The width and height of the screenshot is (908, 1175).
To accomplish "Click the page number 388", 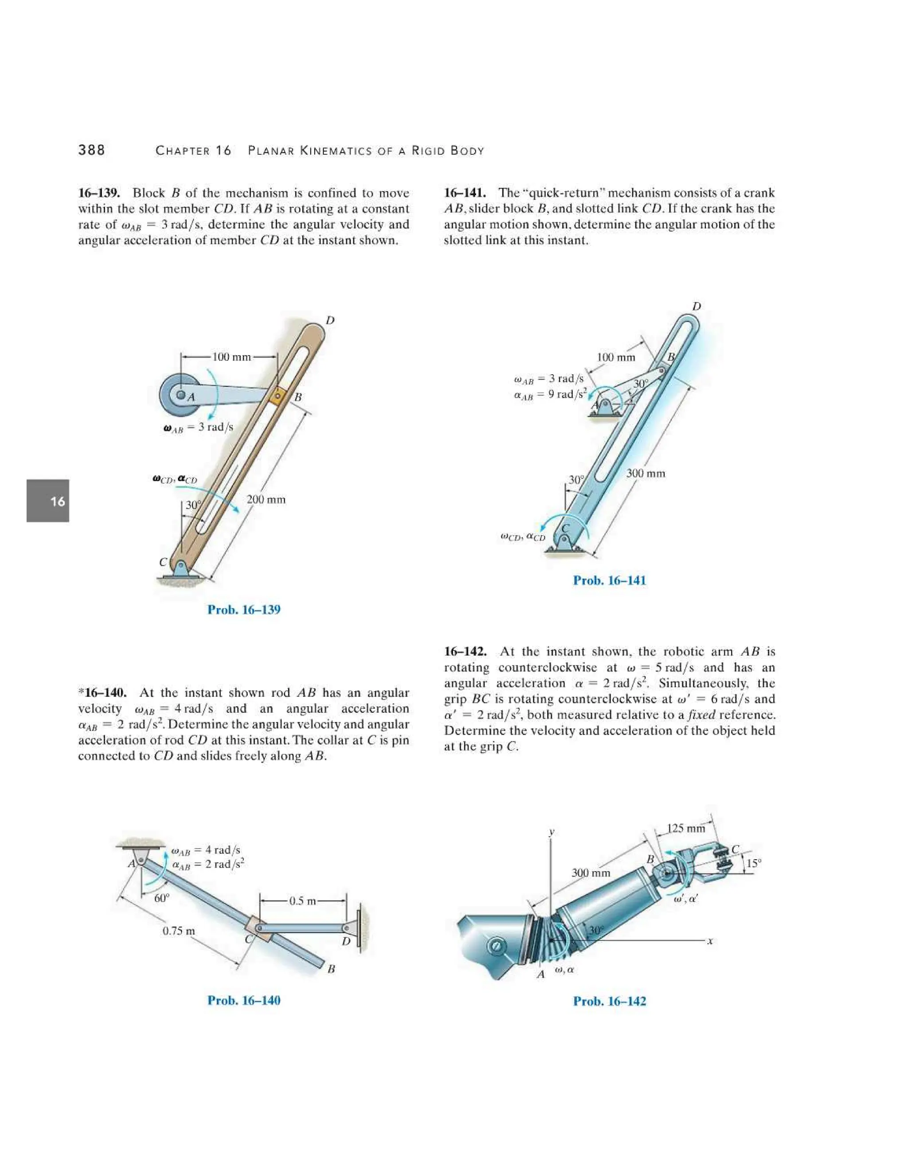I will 91,150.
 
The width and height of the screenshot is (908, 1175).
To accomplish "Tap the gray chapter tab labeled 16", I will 48,501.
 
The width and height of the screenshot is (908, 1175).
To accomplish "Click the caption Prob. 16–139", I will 244,610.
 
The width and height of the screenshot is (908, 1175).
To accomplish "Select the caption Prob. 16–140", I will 244,1000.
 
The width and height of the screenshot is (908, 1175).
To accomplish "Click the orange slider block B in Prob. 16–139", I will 277,396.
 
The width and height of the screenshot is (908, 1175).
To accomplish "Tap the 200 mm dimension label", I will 266,500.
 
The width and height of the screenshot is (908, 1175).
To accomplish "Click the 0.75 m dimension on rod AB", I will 179,931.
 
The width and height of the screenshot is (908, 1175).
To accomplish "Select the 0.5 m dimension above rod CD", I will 303,901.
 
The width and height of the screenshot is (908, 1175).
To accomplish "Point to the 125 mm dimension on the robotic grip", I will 685,829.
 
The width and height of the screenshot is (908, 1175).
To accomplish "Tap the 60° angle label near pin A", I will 161,898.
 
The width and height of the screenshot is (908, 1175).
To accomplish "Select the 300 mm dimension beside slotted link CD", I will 646,474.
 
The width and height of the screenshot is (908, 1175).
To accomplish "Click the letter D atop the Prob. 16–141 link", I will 696,307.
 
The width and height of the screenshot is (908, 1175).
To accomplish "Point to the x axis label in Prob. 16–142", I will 710,941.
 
